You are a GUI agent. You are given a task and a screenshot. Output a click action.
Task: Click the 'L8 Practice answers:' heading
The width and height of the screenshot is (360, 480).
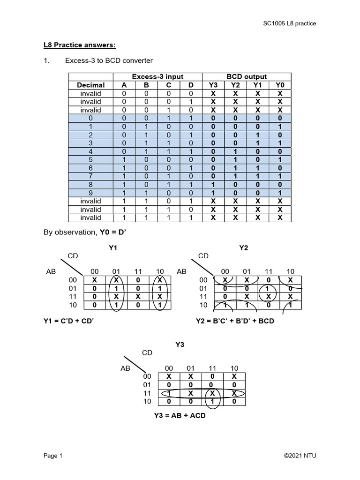(79, 45)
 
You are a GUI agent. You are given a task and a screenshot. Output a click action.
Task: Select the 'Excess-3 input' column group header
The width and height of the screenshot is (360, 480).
(157, 76)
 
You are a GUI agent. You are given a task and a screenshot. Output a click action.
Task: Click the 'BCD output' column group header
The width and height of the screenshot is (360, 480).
(247, 76)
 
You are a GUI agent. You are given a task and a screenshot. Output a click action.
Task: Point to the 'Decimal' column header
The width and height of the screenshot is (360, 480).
(90, 85)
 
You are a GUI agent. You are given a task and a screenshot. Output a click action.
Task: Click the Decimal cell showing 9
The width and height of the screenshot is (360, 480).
(90, 193)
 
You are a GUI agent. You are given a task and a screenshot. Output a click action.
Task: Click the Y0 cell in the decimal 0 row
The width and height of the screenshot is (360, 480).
(280, 118)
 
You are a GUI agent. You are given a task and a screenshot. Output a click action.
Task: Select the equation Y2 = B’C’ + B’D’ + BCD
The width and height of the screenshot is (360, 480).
(235, 321)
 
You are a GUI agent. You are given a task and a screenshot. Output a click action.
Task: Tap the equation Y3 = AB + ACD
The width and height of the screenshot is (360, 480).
(180, 416)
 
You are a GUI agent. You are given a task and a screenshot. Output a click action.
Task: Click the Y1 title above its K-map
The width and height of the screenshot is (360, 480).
(112, 247)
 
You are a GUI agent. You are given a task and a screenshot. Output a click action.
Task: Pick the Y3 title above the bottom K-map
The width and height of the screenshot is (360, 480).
(180, 345)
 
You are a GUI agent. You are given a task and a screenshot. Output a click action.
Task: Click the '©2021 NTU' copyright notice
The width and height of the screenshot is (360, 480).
(303, 456)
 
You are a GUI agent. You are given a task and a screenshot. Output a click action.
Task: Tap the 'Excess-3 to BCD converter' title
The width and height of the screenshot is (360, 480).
(109, 61)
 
